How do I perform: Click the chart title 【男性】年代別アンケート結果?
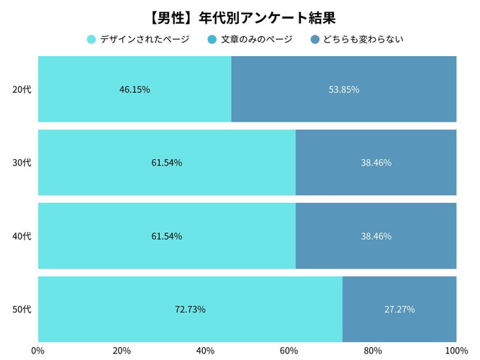pyautogui.click(x=240, y=16)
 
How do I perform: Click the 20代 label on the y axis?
pyautogui.click(x=22, y=90)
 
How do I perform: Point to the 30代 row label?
pyautogui.click(x=22, y=163)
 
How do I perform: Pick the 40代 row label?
pyautogui.click(x=22, y=236)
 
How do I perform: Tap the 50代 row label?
pyautogui.click(x=22, y=310)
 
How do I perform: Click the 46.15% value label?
pyautogui.click(x=135, y=90)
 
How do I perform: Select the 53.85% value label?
pyautogui.click(x=343, y=90)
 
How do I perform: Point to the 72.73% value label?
pyautogui.click(x=190, y=310)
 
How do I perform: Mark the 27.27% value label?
pyautogui.click(x=399, y=310)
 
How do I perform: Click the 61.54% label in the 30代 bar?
pyautogui.click(x=166, y=163)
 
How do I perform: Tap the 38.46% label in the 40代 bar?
pyautogui.click(x=376, y=236)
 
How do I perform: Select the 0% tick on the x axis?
pyautogui.click(x=38, y=351)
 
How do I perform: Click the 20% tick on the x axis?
pyautogui.click(x=122, y=351)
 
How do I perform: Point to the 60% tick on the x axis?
pyautogui.click(x=289, y=351)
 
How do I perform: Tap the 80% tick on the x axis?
pyautogui.click(x=372, y=351)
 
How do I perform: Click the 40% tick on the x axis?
pyautogui.click(x=205, y=351)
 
